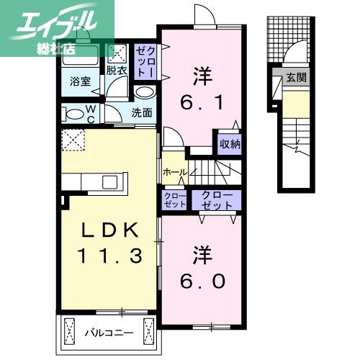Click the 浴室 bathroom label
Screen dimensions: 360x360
(80, 83)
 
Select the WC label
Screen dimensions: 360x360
(91, 114)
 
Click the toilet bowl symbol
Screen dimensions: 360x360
(73, 114)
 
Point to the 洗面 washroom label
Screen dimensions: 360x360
(141, 112)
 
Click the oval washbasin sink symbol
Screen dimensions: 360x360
(145, 94)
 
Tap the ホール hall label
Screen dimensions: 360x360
(175, 173)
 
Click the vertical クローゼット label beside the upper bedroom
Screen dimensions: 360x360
(144, 61)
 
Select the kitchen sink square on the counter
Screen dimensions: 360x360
(114, 179)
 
